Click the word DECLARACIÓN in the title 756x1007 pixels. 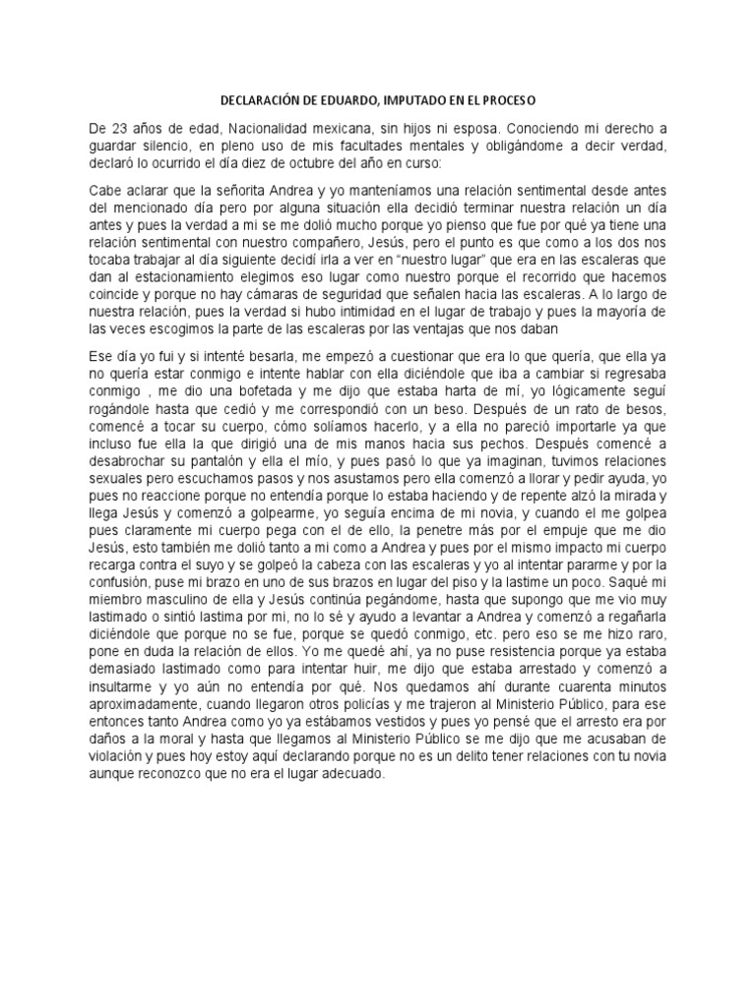255,100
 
